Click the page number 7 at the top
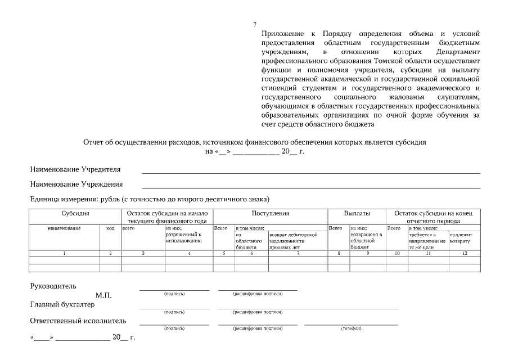point(255,24)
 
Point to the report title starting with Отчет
point(254,143)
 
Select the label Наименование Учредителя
point(75,169)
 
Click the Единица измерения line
point(150,199)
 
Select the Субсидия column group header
point(75,214)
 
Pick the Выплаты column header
point(357,214)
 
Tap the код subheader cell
point(110,228)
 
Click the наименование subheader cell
point(64,228)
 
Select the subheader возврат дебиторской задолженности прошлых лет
point(298,240)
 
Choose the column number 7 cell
point(298,254)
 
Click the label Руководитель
point(53,286)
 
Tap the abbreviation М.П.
point(103,295)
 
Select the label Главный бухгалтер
point(62,305)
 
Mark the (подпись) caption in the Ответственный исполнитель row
point(174,328)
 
